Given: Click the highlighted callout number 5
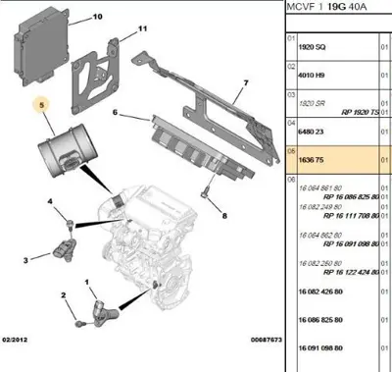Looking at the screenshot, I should [40, 103].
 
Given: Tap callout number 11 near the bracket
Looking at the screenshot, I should [142, 29].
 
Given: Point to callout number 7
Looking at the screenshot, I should [246, 83].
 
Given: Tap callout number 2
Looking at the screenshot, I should [63, 295].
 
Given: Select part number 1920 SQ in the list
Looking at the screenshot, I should [316, 45].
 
